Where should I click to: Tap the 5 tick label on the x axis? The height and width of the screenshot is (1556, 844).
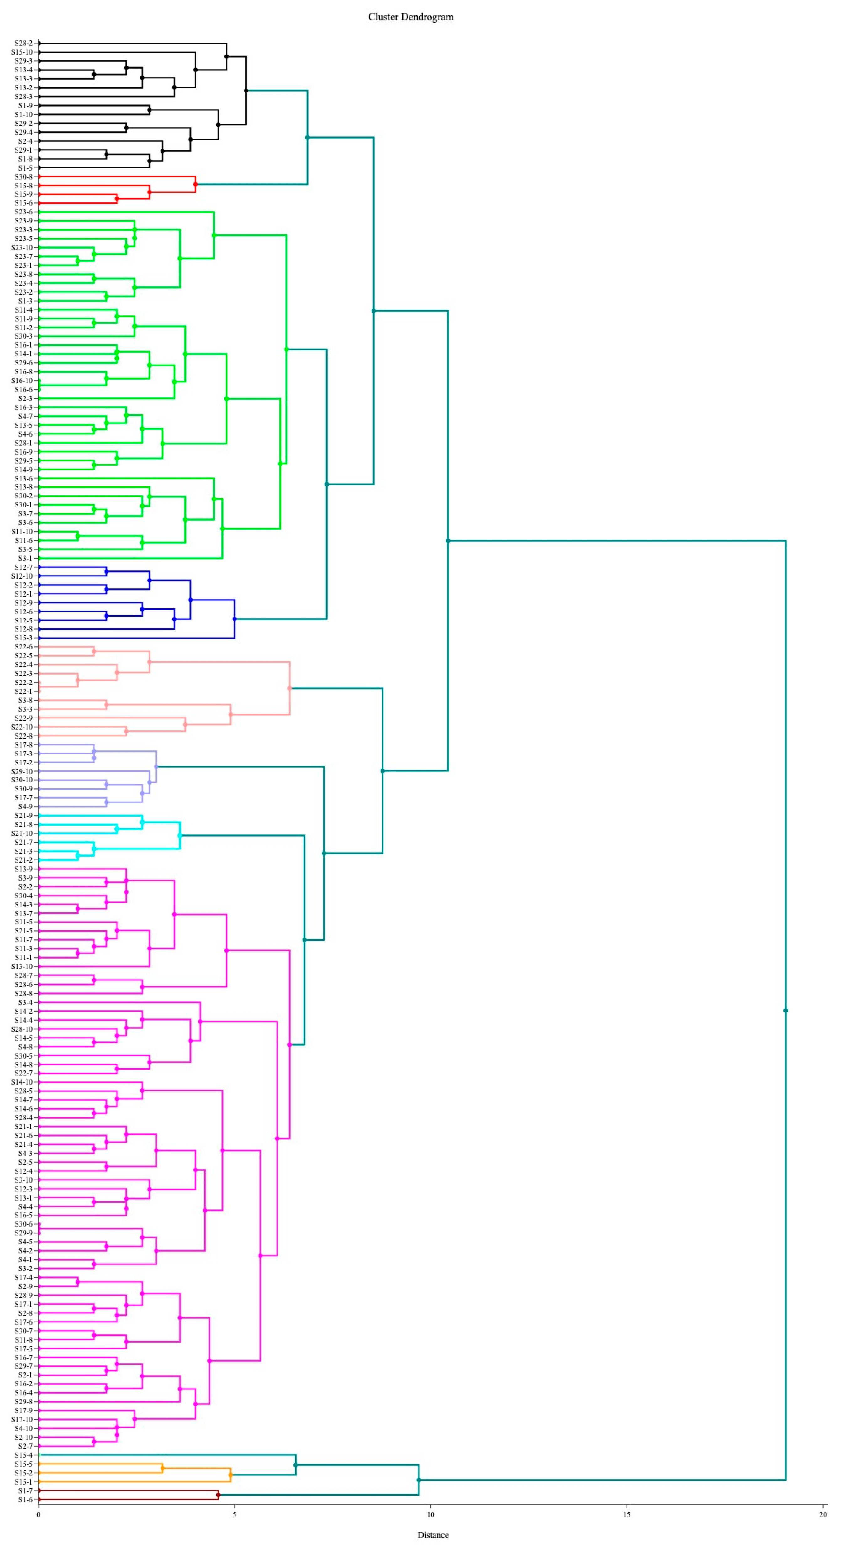(235, 1514)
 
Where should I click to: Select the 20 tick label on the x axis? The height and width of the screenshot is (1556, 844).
(822, 1514)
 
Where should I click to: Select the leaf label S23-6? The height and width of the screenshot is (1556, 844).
(24, 212)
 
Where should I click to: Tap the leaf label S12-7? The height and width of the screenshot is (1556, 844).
(24, 567)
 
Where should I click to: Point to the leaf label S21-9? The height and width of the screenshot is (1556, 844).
(24, 815)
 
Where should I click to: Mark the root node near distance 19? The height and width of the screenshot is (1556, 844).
(785, 1011)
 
